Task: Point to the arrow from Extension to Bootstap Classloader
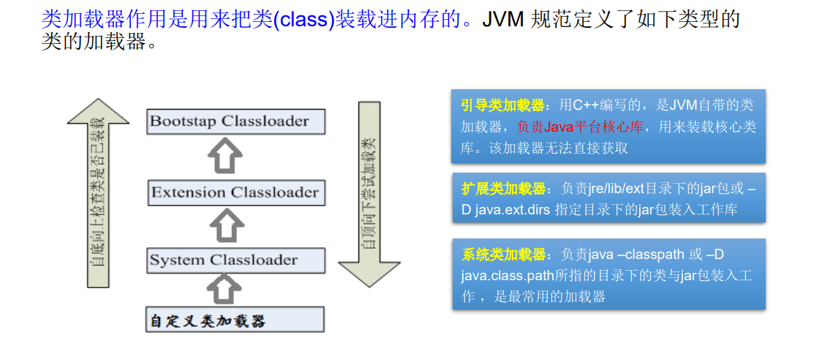click(x=225, y=157)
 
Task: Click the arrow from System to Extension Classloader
click(x=225, y=225)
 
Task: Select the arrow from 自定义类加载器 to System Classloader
click(x=225, y=290)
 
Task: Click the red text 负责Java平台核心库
click(x=579, y=127)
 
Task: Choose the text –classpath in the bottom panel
click(x=647, y=255)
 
